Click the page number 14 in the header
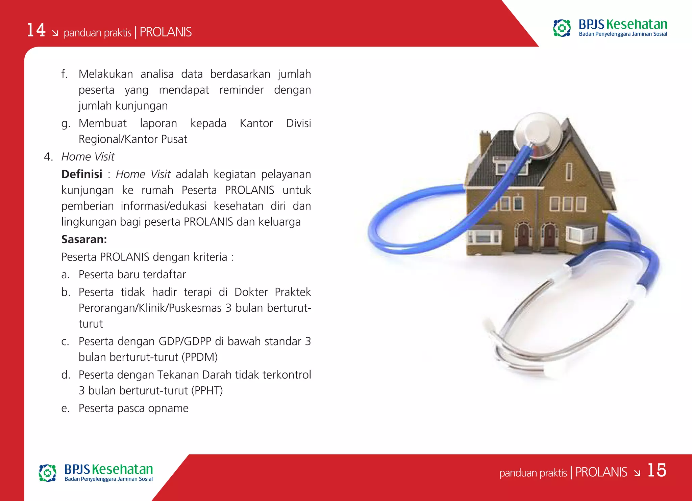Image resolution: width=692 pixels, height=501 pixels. [36, 30]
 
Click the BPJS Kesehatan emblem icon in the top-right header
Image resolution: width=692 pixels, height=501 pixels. [562, 28]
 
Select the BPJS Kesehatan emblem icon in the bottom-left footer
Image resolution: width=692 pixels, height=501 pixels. [47, 473]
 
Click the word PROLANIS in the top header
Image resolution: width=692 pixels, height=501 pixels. [166, 32]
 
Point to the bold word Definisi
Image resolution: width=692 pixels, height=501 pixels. [82, 174]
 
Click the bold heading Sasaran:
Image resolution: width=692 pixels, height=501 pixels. [84, 239]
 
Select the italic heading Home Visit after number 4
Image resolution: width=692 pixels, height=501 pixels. [88, 157]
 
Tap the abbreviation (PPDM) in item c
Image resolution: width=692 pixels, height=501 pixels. [199, 357]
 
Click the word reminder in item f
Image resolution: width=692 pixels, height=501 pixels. [241, 90]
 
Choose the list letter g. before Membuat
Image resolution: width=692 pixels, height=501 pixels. [66, 124]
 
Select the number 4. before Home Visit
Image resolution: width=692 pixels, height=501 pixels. [48, 157]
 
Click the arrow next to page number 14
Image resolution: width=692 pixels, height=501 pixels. [55, 33]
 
